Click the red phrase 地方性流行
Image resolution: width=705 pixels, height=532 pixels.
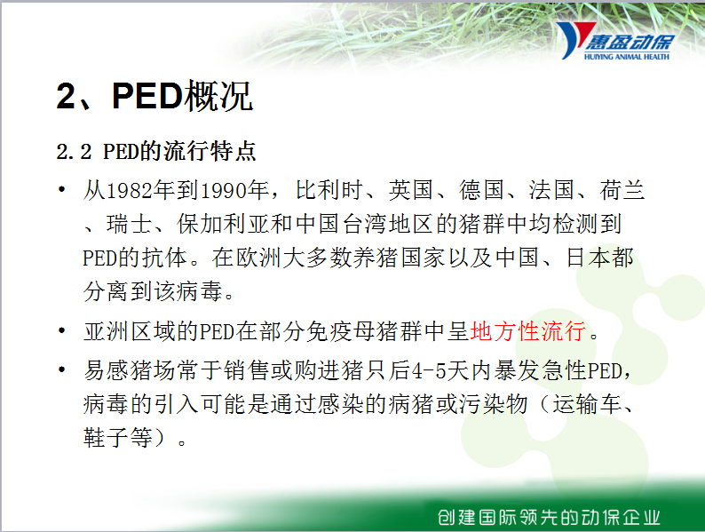528,331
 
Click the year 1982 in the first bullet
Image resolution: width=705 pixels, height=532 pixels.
130,191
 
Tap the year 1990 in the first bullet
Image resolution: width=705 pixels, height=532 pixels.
223,191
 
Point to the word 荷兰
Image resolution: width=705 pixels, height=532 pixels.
622,190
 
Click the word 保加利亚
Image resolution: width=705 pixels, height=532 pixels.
224,224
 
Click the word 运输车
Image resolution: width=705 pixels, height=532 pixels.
587,404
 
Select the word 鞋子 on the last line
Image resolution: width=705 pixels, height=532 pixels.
107,437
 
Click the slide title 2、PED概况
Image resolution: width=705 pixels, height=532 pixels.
154,95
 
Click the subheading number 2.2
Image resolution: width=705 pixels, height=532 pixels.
75,152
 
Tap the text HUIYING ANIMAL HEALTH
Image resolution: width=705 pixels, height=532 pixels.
627,57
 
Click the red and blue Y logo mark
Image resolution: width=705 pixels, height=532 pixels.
572,40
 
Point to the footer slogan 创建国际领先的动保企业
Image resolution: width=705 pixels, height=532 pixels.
549,518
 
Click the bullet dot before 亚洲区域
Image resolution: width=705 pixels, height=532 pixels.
62,331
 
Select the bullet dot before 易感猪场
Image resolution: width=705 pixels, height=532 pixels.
62,369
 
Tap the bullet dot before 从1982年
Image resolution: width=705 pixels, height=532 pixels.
62,189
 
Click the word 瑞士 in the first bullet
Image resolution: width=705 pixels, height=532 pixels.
130,224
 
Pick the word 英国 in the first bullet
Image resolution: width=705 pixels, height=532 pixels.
411,190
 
